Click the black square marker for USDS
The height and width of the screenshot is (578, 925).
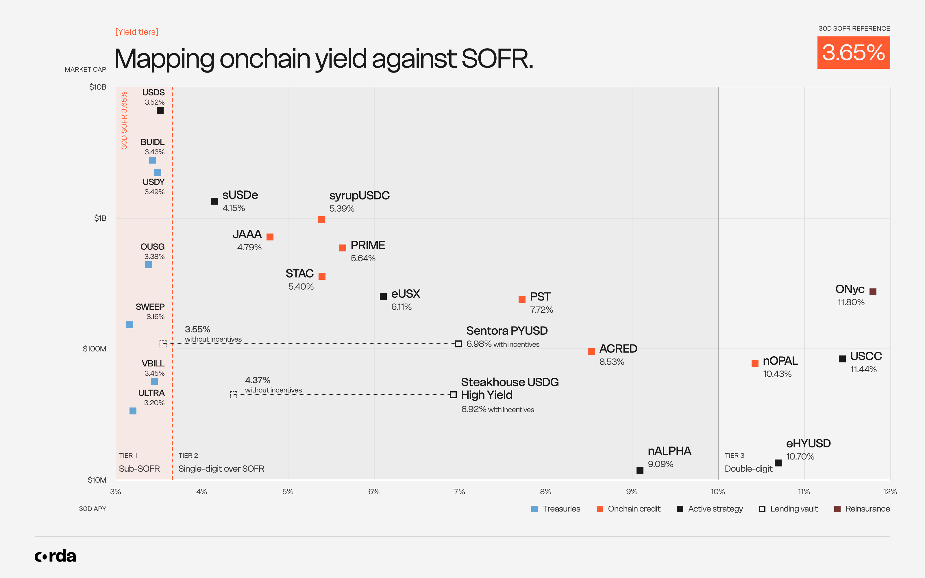point(160,110)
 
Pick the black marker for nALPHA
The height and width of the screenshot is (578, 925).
point(640,470)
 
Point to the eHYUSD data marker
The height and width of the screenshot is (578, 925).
point(778,463)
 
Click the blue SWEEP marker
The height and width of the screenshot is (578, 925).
point(129,325)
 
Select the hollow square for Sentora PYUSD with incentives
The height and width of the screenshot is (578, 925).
point(458,344)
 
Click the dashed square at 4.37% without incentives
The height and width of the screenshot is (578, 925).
point(234,394)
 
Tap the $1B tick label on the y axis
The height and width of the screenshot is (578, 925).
point(100,218)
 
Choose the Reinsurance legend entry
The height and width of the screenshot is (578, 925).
point(862,509)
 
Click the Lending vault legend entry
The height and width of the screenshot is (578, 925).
point(788,509)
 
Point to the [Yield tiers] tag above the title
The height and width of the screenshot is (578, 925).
point(137,32)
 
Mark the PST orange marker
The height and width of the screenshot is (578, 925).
point(522,299)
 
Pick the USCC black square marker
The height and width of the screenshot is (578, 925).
point(842,359)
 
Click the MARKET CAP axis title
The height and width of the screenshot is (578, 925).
point(85,70)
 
